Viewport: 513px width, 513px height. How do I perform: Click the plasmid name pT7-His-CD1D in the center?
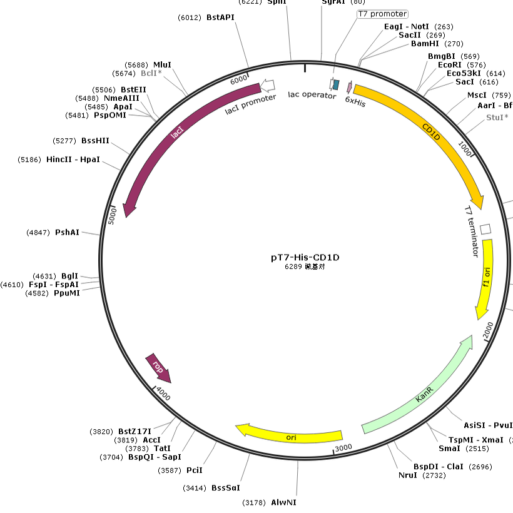click(305, 257)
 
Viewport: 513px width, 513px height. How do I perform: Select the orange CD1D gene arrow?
click(432, 131)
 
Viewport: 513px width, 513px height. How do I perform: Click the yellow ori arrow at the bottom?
click(290, 436)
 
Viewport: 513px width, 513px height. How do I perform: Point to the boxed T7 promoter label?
click(382, 14)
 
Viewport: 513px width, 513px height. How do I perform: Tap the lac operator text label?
click(312, 95)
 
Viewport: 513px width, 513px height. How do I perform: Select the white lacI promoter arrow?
click(267, 85)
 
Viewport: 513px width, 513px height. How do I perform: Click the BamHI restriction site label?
click(426, 44)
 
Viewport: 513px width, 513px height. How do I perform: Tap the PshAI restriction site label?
click(68, 232)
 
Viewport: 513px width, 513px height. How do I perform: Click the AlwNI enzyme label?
click(284, 502)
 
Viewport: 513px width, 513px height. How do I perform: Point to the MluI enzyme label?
click(162, 64)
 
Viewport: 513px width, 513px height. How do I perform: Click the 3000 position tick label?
click(344, 448)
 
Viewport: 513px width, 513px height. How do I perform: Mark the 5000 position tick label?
click(113, 216)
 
